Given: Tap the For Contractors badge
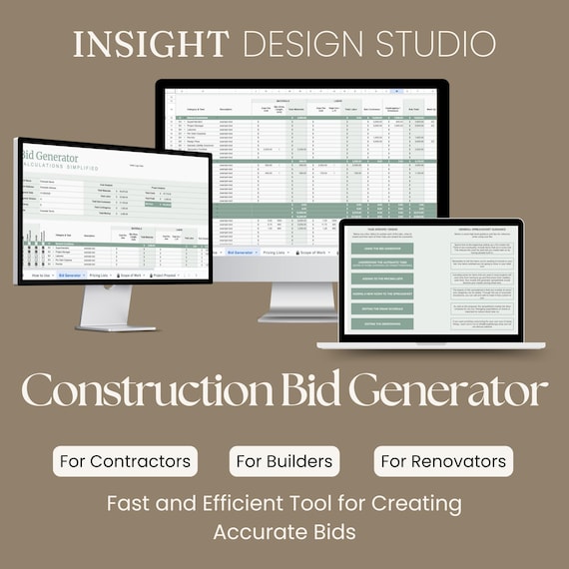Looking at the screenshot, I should (x=126, y=461).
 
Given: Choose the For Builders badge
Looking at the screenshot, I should (x=284, y=461).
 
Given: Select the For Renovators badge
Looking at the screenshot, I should (x=444, y=461).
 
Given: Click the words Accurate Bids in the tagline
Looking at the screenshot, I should (x=284, y=532).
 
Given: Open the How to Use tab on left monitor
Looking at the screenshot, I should (x=41, y=274).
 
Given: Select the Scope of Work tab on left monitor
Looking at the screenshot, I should (x=132, y=274).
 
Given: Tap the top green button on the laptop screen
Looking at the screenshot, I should (x=381, y=249).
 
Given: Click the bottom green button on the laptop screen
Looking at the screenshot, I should (x=381, y=323).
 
